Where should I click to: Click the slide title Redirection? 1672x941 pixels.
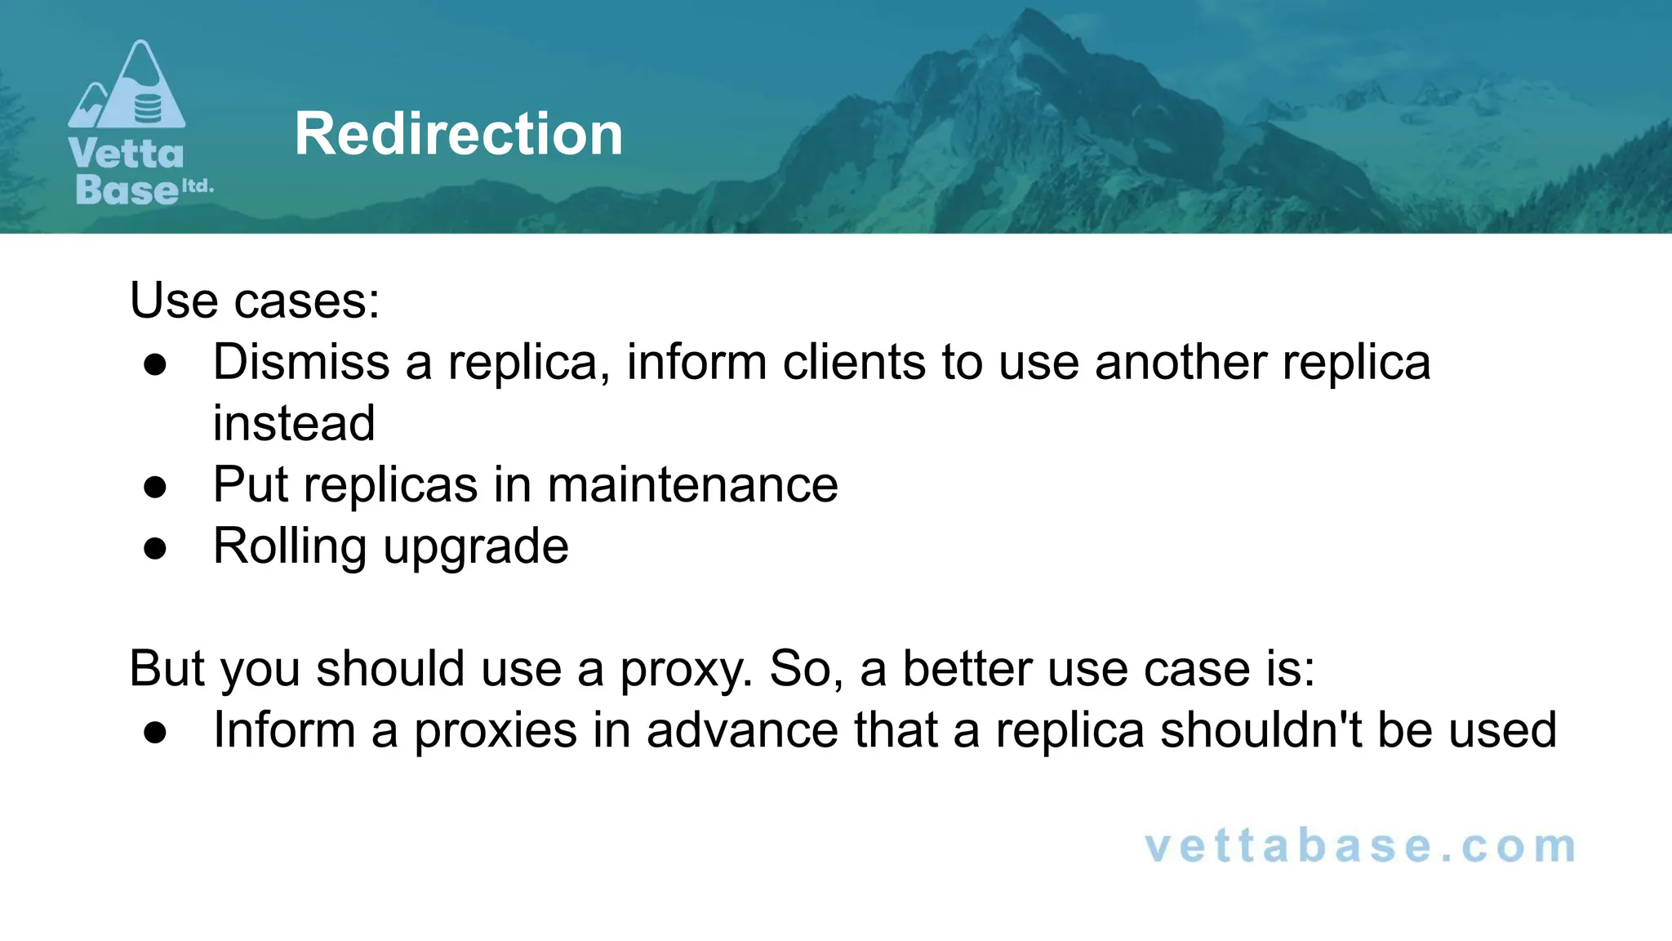(459, 134)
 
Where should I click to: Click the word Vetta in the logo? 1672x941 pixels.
(127, 154)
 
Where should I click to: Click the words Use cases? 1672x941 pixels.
(255, 301)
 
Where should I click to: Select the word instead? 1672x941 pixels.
(294, 423)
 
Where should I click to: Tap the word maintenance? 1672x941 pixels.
(692, 484)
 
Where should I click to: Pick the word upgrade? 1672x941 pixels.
(476, 547)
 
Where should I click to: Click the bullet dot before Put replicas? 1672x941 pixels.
(155, 488)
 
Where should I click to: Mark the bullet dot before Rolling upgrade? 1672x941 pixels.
(155, 549)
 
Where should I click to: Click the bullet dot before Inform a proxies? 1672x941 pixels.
(155, 733)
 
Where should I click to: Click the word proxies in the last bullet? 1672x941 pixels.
(496, 730)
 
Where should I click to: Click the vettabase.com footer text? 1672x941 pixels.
(1360, 846)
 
